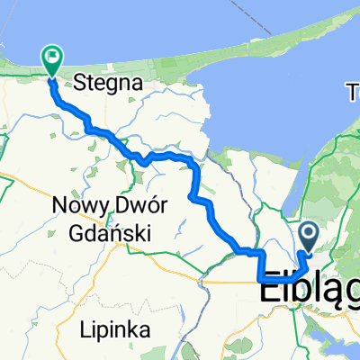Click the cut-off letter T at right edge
(354, 89)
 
